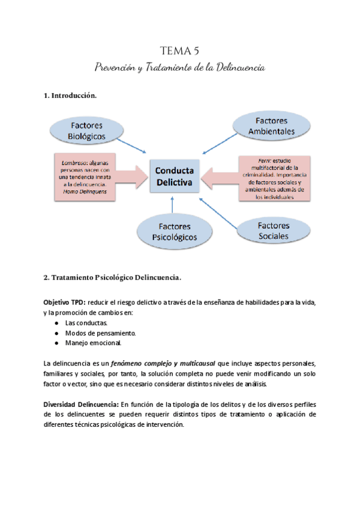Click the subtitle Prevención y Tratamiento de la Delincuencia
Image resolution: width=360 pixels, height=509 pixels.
pyautogui.click(x=180, y=67)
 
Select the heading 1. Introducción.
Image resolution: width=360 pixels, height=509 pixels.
pyautogui.click(x=70, y=96)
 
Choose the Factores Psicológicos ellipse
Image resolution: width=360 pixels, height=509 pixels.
pyautogui.click(x=175, y=232)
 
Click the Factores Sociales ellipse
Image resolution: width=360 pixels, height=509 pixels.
pyautogui.click(x=273, y=230)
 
